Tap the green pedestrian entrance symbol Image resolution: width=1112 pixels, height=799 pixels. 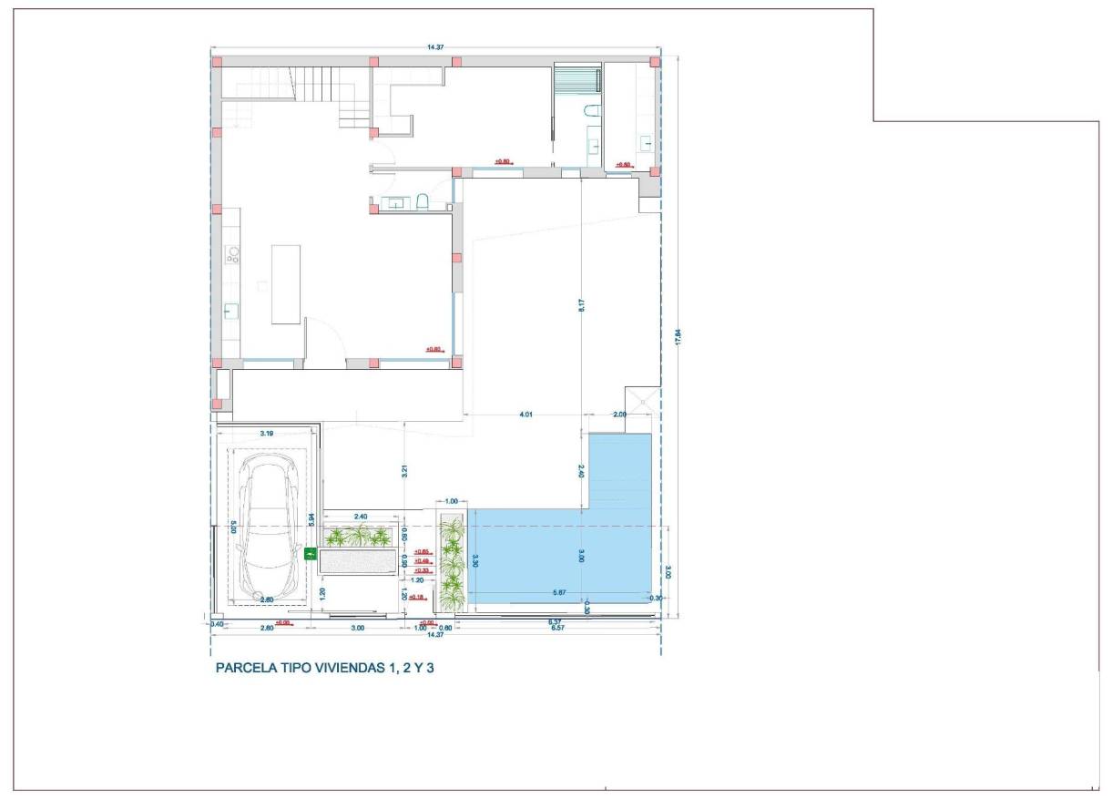[309, 552]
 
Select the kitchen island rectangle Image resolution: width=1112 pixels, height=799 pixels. [286, 283]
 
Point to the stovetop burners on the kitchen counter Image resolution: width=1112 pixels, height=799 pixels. [231, 253]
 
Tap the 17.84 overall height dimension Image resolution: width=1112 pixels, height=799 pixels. [677, 337]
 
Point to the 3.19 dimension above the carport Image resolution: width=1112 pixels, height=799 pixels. [268, 434]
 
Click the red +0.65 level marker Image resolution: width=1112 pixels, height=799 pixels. [421, 552]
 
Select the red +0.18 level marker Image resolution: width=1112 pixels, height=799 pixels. [417, 597]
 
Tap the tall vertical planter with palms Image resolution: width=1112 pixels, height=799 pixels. [452, 563]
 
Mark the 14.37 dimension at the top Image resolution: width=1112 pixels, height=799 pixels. [435, 46]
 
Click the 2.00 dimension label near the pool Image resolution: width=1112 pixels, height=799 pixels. [619, 415]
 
